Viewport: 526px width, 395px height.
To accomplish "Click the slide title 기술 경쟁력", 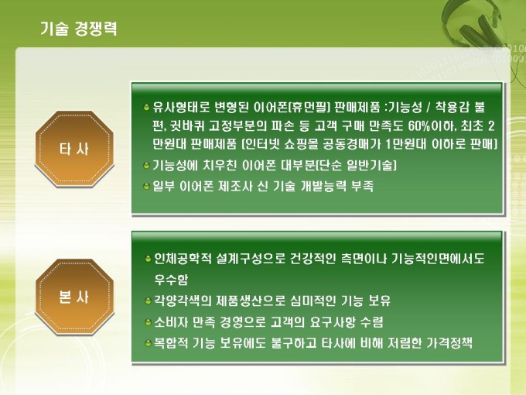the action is (79, 29).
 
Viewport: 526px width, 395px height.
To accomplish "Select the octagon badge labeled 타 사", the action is (74, 149).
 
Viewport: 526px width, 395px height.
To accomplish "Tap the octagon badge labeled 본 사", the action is (74, 297).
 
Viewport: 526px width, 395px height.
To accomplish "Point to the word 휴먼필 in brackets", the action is (309, 108).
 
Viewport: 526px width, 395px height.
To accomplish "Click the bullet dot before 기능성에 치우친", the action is (146, 166).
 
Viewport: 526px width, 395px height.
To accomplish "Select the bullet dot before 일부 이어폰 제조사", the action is (146, 186).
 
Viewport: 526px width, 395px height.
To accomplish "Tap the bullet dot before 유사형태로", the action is (146, 108).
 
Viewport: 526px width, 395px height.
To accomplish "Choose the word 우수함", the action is (171, 280).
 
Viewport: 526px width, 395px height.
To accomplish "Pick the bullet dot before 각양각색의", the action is (148, 301).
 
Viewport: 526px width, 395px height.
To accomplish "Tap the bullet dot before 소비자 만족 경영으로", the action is (148, 322).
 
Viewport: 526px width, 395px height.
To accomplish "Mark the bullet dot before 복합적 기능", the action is (148, 343).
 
